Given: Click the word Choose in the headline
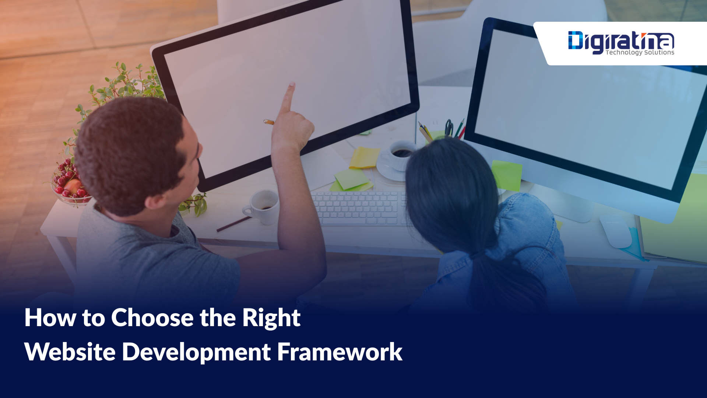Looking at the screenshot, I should pos(152,318).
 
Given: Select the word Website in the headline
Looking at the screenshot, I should pos(70,352).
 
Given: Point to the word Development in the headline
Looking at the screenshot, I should pos(196,353).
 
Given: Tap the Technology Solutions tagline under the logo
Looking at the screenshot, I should pos(640,52).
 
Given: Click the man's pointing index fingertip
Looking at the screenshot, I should pos(292,85).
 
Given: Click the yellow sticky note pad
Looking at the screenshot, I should pos(364,158).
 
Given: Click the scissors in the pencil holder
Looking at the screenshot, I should pos(449,128).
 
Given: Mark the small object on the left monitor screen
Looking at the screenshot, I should pos(269,122).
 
